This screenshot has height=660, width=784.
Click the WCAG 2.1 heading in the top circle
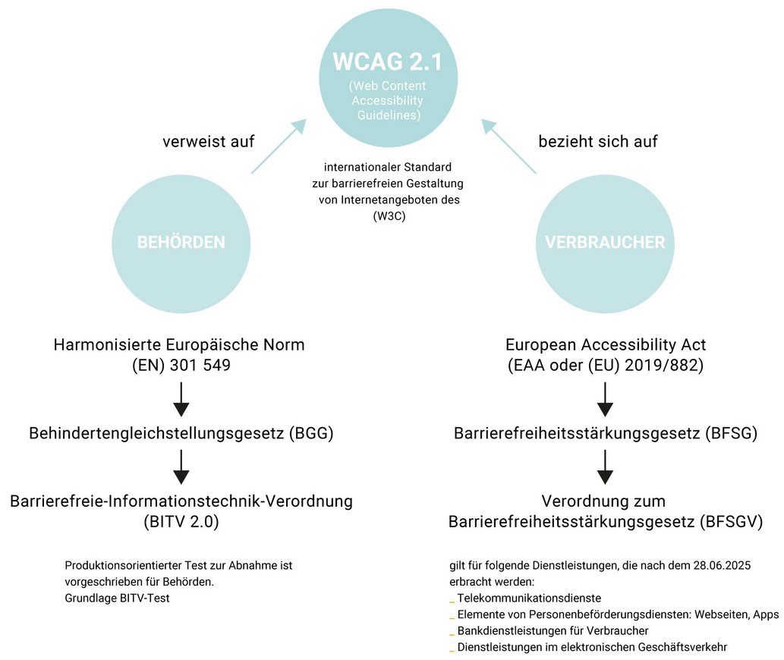click(388, 62)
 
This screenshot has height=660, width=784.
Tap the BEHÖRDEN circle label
click(181, 242)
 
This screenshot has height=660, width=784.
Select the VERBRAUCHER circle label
click(605, 242)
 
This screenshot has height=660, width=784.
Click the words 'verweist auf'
click(209, 141)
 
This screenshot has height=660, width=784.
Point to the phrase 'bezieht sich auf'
click(598, 141)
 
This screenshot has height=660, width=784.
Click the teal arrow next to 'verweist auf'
click(279, 146)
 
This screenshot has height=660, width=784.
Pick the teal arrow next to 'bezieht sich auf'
click(508, 146)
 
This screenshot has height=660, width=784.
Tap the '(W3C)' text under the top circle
click(389, 216)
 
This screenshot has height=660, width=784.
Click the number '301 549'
click(200, 365)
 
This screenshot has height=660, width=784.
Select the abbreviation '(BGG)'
click(311, 433)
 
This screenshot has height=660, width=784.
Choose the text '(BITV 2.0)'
click(181, 522)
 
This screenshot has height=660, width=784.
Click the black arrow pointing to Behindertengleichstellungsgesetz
click(181, 399)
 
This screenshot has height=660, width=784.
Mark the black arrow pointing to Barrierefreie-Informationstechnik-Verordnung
click(181, 467)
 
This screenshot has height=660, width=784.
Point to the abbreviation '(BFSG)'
click(732, 433)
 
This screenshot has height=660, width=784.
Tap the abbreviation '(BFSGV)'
click(732, 522)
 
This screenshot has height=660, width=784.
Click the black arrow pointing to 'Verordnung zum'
click(605, 467)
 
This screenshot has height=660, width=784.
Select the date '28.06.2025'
click(722, 566)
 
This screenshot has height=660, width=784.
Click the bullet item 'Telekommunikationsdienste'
click(529, 598)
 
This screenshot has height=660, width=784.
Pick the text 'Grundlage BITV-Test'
click(117, 598)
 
